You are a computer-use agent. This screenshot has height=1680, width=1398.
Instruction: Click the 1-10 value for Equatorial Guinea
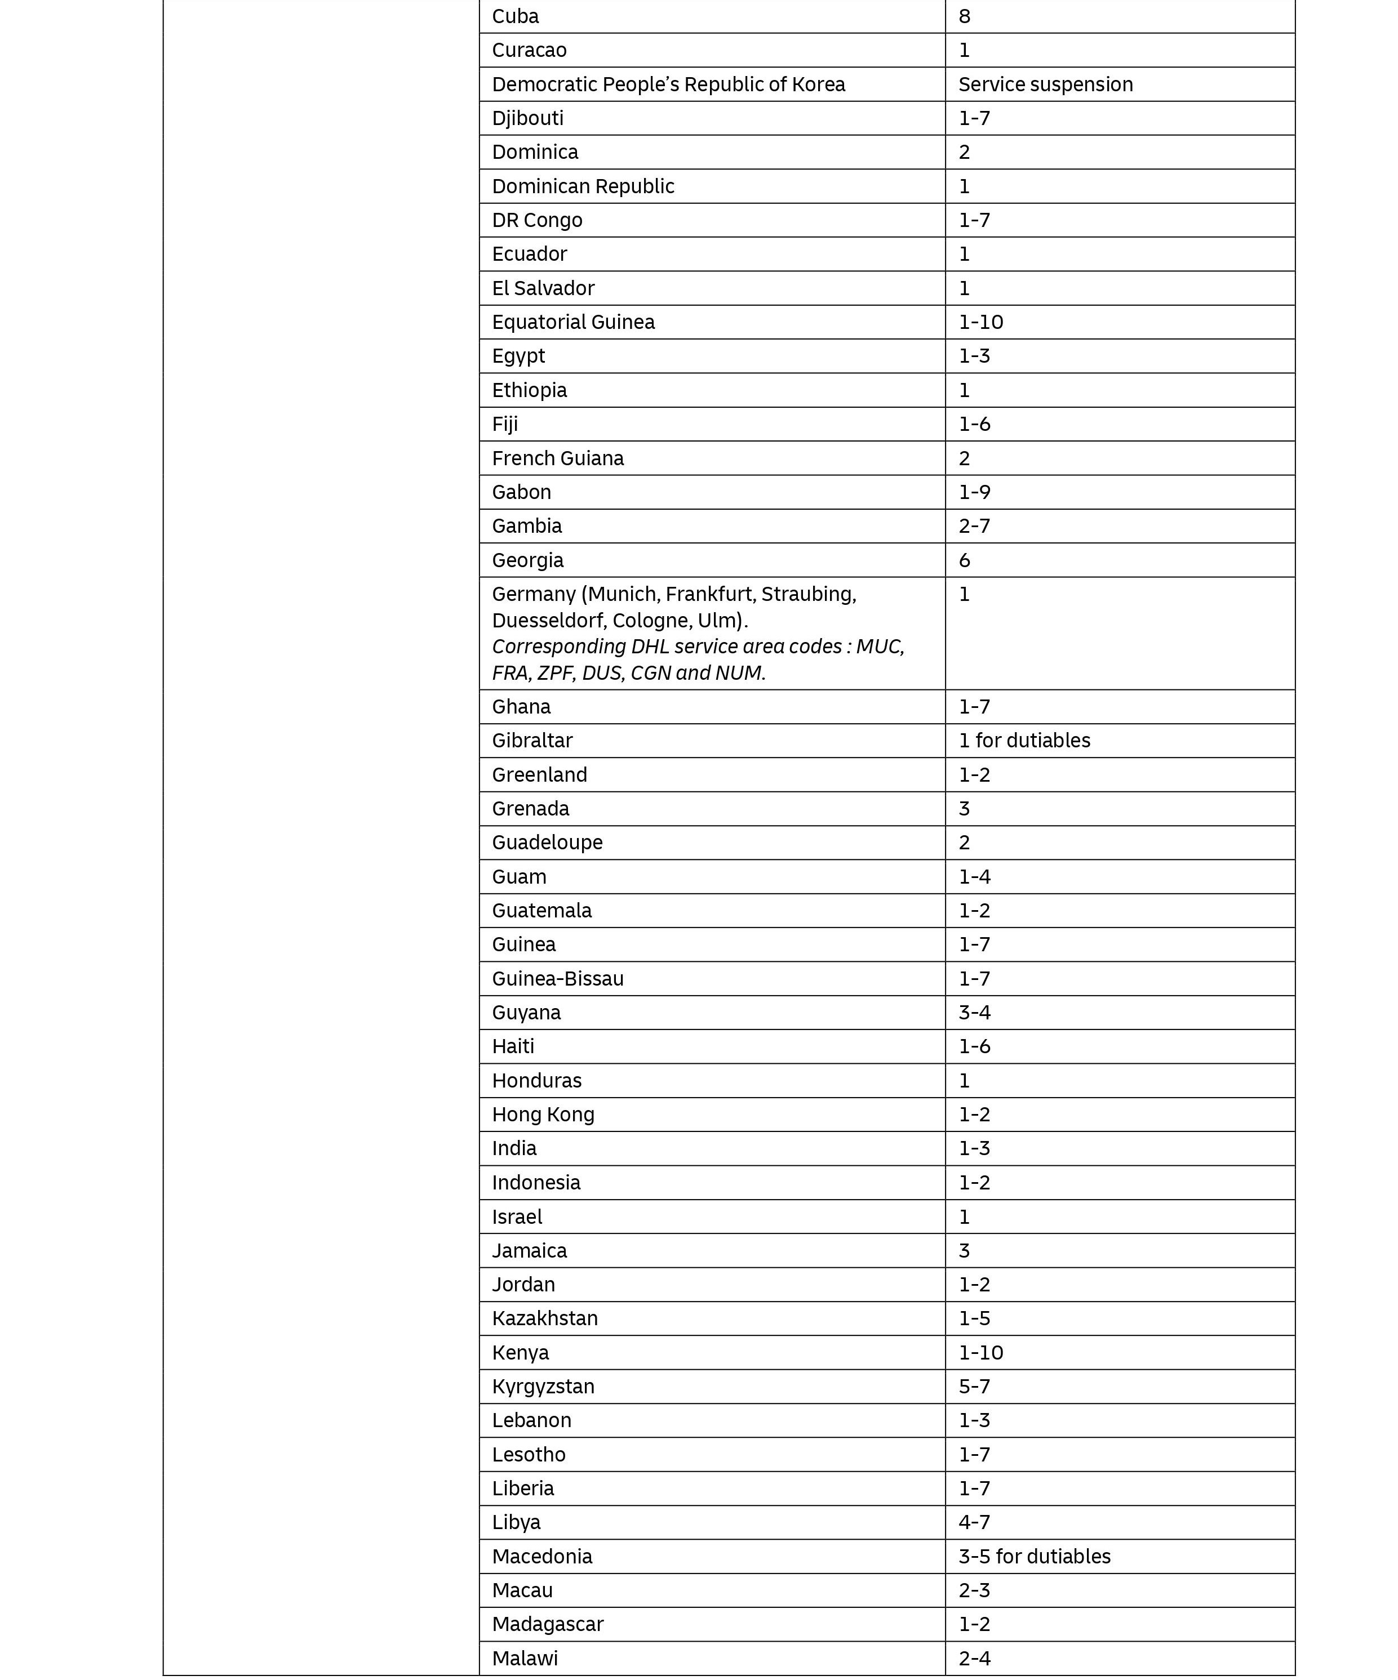click(x=980, y=322)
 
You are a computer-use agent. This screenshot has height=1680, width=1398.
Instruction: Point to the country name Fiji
click(x=504, y=424)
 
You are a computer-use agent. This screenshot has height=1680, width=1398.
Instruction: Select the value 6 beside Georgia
click(x=964, y=560)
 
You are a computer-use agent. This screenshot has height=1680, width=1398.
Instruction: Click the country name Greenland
click(x=539, y=774)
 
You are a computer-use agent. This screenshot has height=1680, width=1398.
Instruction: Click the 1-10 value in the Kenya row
click(x=980, y=1352)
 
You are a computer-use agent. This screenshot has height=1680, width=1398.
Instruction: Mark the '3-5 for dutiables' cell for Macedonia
click(x=1034, y=1556)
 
